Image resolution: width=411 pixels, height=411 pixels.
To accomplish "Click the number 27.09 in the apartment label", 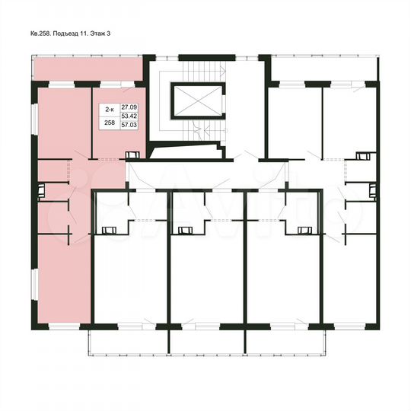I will (129, 109).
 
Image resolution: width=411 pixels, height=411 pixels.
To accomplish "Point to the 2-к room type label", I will (110, 109).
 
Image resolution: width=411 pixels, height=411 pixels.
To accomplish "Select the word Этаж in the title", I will (110, 34).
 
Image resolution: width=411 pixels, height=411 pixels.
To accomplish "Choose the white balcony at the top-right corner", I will (325, 69).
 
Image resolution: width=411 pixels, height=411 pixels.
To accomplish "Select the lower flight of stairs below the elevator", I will (197, 132).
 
